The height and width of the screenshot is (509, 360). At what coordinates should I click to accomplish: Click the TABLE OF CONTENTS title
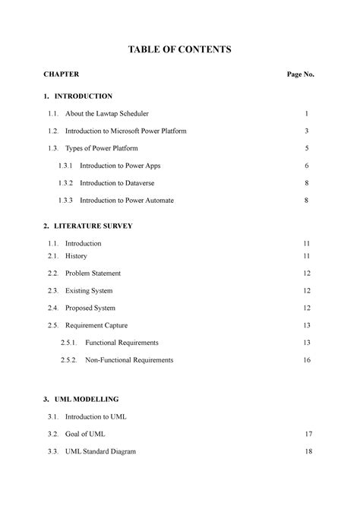point(180,49)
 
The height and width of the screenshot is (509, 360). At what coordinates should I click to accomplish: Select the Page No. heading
point(300,75)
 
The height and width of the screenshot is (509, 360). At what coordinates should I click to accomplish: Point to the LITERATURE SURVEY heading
point(93,226)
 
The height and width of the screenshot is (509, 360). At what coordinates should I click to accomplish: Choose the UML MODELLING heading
point(87,398)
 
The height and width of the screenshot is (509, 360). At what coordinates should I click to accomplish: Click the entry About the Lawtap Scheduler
point(107,113)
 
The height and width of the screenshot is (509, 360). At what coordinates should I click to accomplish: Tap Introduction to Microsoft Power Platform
point(126,131)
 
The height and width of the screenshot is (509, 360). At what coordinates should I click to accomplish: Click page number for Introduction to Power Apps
point(306,165)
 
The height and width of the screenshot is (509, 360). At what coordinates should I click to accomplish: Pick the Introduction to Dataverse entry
point(120,182)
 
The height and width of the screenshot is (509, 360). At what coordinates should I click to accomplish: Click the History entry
point(76,256)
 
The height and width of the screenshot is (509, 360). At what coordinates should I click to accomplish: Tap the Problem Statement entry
point(93,273)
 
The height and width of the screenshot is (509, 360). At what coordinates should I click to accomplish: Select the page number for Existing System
point(306,290)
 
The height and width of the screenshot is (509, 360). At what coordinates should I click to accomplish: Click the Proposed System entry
point(90,308)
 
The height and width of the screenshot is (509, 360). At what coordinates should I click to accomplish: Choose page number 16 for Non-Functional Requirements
point(306,359)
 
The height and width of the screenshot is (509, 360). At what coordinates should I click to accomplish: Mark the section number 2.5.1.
point(69,343)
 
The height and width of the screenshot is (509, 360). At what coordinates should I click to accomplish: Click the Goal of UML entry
point(85,433)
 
